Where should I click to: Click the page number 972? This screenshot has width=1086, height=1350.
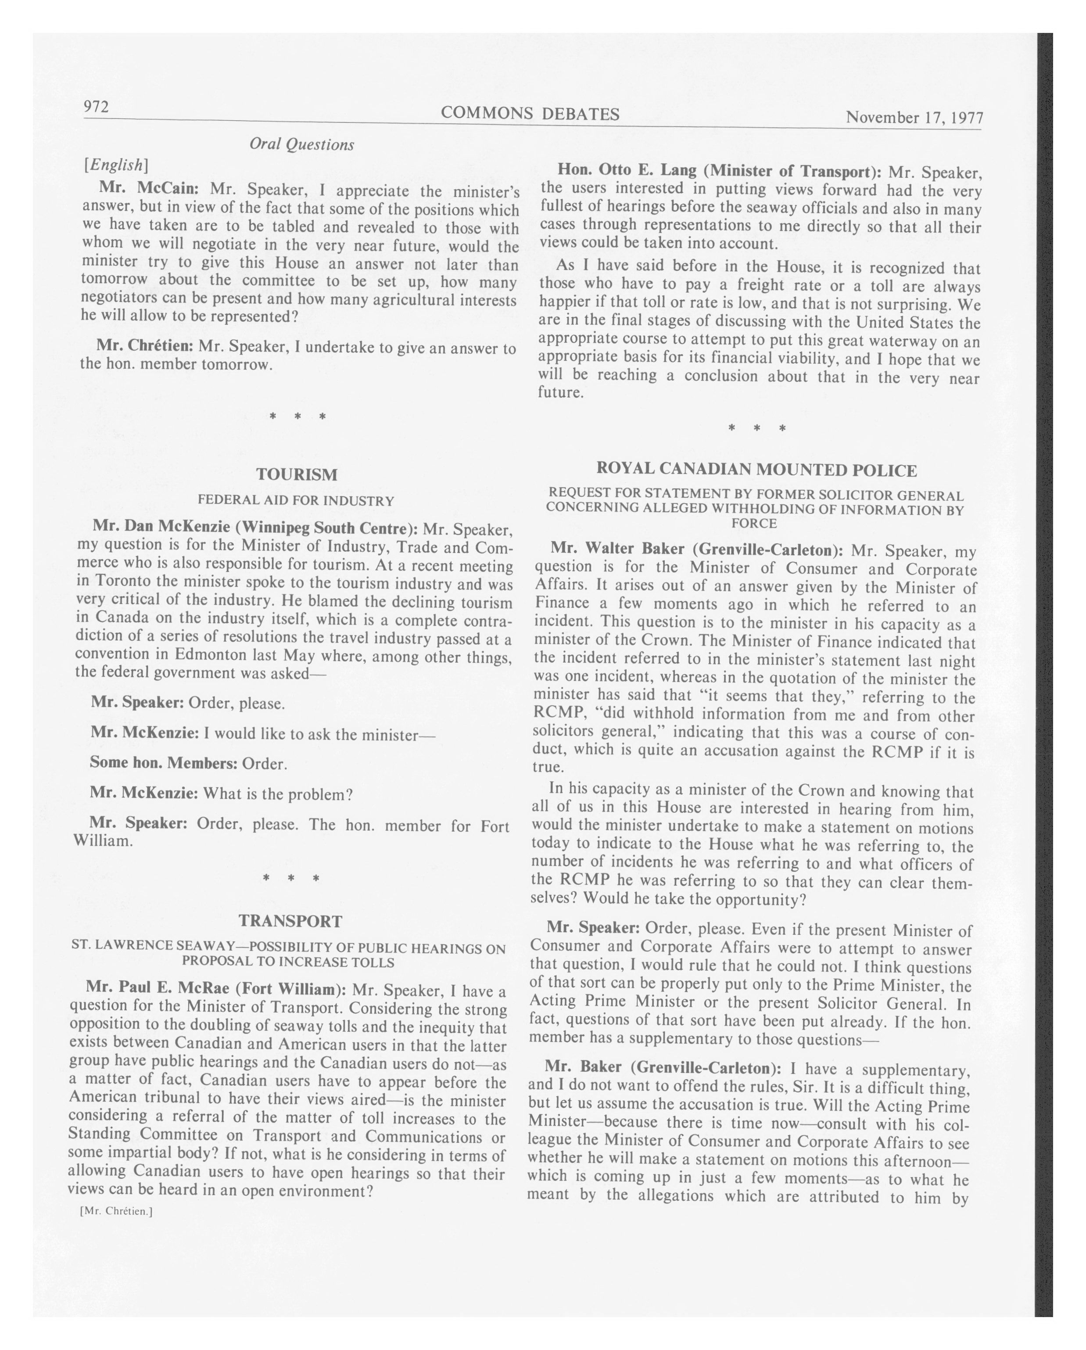tap(97, 107)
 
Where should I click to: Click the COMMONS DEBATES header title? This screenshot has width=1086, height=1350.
tap(530, 113)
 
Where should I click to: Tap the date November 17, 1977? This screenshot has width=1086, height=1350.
tap(914, 118)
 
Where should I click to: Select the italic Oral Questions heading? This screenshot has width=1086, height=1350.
tap(302, 145)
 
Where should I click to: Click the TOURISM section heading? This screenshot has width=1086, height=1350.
tap(297, 474)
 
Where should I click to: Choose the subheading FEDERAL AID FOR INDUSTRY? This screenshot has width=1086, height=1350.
tap(296, 500)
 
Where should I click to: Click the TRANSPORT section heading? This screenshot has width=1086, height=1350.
tap(290, 921)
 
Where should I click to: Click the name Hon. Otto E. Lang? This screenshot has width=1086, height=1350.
tap(627, 170)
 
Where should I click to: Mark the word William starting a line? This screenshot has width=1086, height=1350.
tap(103, 840)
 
